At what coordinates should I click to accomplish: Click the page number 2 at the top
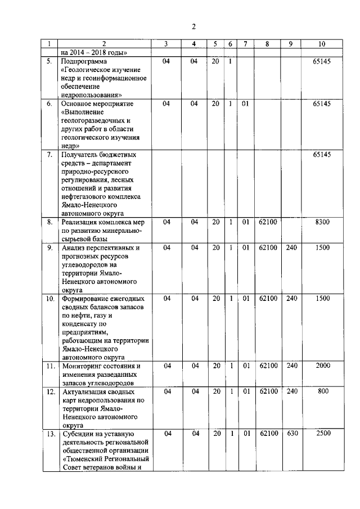193,26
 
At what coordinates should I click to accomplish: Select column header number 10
321,44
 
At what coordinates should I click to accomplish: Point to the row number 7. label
50,154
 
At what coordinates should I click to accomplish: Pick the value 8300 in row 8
321,223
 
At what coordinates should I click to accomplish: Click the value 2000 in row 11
321,366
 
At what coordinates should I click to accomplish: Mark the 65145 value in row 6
321,103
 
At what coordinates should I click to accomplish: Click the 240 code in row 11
291,366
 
